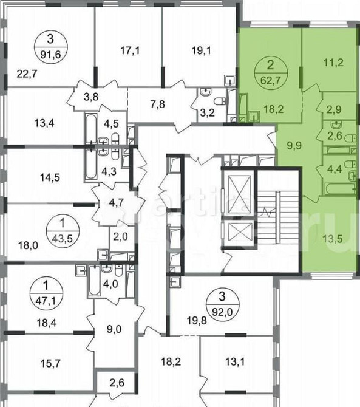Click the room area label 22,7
(25, 75)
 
